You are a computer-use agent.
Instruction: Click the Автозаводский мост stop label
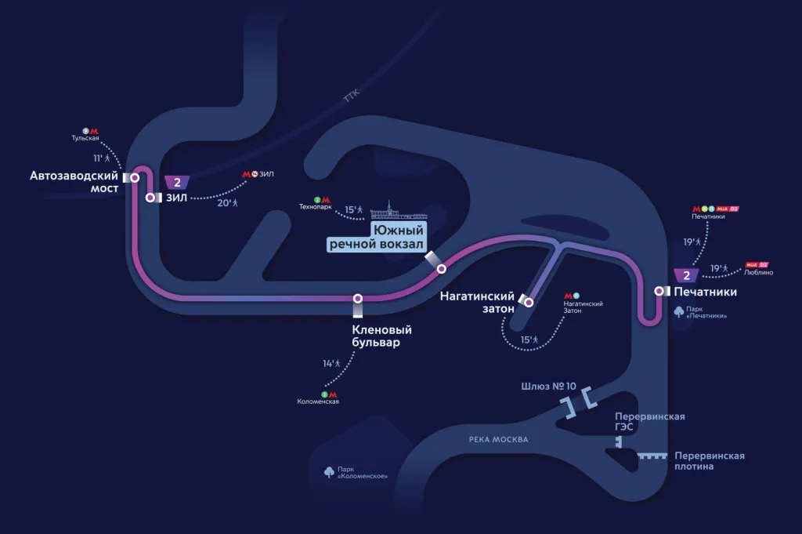click(x=74, y=182)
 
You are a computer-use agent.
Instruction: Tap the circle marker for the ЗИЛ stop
click(x=150, y=198)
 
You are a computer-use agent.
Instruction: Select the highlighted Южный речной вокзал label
click(x=376, y=238)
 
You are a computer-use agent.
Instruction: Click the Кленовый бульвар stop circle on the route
click(x=358, y=298)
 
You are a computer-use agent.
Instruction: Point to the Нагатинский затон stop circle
click(x=529, y=302)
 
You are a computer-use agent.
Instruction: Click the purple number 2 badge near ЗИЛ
click(x=178, y=183)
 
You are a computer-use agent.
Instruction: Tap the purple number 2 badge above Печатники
click(x=686, y=275)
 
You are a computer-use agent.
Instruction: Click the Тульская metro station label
click(x=85, y=139)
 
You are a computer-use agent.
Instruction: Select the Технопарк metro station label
click(x=316, y=208)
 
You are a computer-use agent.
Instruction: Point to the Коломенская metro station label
click(x=318, y=401)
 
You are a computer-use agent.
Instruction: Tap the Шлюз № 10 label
click(x=547, y=387)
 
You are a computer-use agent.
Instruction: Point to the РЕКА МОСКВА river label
click(x=498, y=440)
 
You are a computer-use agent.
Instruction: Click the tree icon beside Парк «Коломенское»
click(x=330, y=471)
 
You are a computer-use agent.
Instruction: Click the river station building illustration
click(x=399, y=214)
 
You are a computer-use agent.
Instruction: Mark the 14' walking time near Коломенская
click(x=332, y=363)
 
